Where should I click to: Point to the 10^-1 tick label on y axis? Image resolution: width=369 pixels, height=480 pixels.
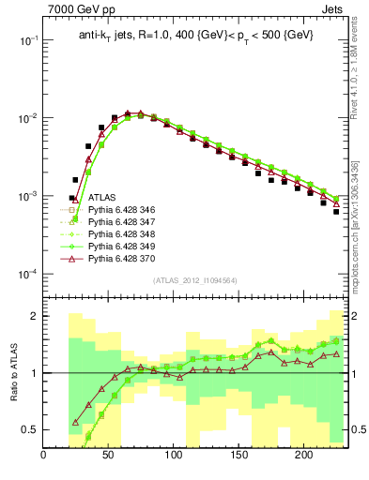(26, 41)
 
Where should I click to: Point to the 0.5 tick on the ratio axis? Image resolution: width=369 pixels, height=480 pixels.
(30, 429)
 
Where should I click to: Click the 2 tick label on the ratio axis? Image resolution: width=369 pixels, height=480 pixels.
(34, 317)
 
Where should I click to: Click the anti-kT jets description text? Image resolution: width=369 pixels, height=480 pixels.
(196, 35)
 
